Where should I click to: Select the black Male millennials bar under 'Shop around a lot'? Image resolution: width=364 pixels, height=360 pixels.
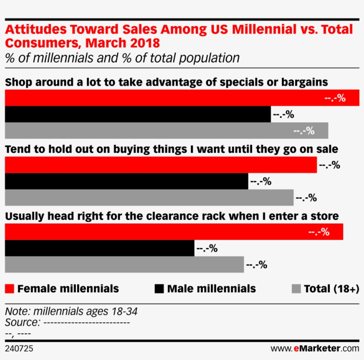(x=138, y=114)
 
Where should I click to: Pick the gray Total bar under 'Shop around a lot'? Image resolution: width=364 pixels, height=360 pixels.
(x=166, y=131)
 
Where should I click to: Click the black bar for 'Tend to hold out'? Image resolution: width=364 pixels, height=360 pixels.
(x=127, y=181)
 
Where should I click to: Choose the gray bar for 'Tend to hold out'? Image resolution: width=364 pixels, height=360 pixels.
(x=149, y=198)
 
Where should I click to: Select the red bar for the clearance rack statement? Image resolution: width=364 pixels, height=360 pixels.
(x=174, y=232)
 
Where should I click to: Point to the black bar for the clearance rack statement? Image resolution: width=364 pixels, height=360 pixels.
(x=99, y=248)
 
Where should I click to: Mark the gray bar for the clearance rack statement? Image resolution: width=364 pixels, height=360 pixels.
(x=124, y=264)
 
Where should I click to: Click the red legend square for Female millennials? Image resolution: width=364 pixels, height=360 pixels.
(x=9, y=289)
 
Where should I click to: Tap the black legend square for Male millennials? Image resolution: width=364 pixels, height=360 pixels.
(x=159, y=289)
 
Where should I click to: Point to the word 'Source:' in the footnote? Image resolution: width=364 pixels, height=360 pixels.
(x=22, y=322)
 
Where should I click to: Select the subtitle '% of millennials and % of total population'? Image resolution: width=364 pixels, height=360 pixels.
(x=122, y=58)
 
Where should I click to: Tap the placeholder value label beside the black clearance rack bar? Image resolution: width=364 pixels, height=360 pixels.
(x=206, y=248)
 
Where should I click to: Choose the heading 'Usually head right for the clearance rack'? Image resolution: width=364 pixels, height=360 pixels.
(x=171, y=216)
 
